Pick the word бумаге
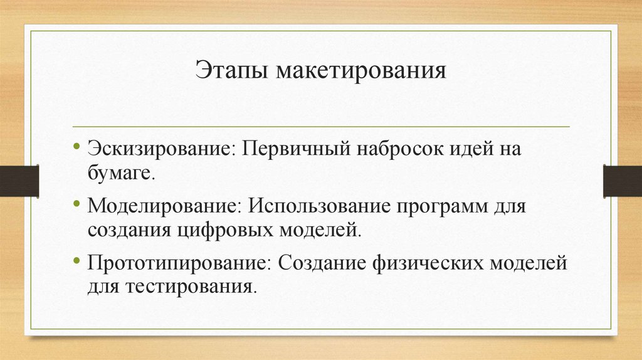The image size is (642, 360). tap(120, 173)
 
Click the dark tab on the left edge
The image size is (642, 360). tap(19, 180)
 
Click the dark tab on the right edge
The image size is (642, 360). tap(622, 180)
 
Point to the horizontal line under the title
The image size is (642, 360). tap(321, 127)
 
